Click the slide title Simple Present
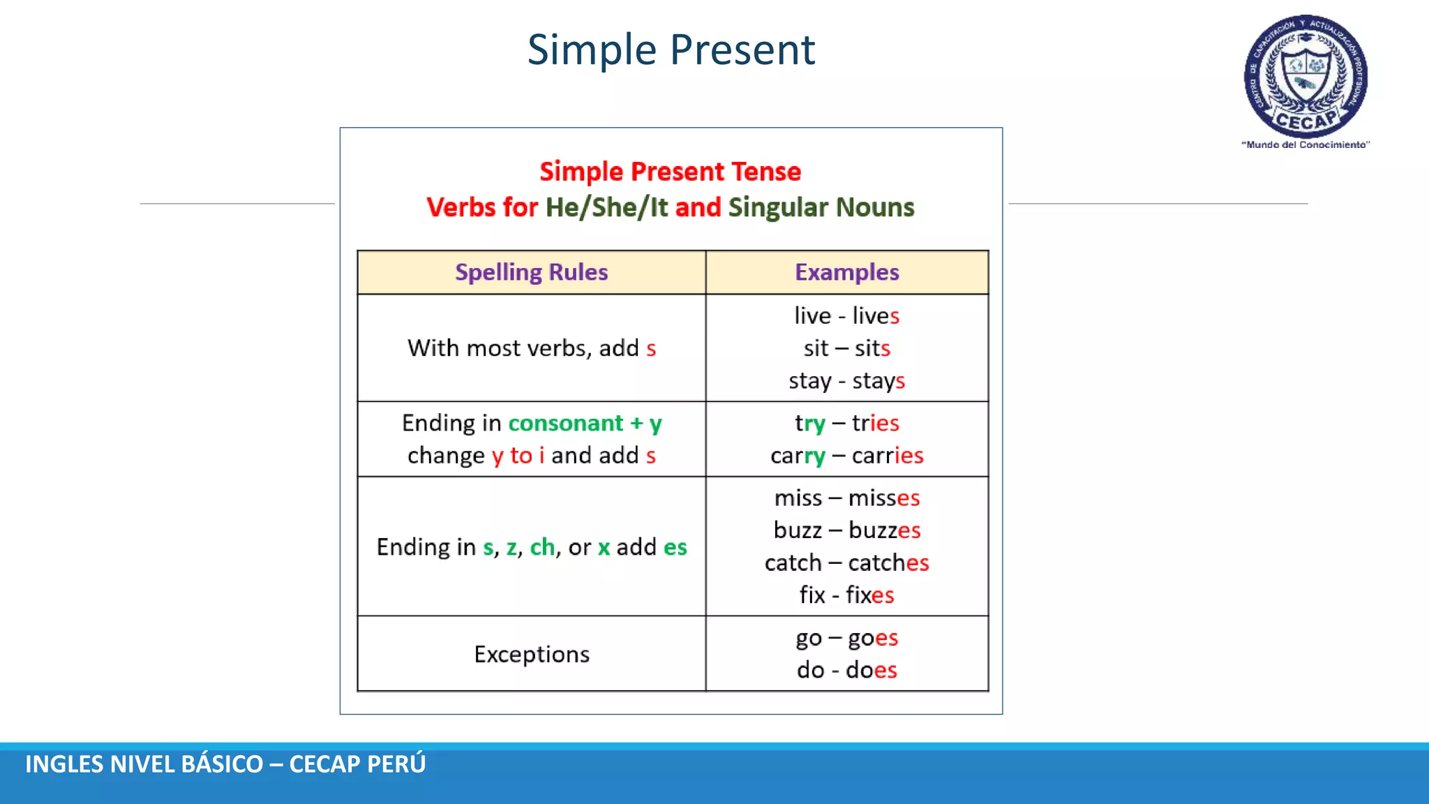tap(671, 50)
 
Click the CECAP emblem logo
tap(1305, 75)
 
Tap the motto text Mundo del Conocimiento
tap(1305, 144)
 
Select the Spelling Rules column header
tap(531, 272)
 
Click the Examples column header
tap(846, 272)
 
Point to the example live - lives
tap(846, 315)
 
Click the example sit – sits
tap(846, 348)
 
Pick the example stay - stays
tap(846, 380)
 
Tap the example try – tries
tap(846, 423)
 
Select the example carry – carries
tap(846, 456)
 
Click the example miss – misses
tap(846, 498)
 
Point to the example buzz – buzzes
tap(846, 530)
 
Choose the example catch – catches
tap(846, 563)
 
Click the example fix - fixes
tap(846, 595)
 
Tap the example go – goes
tap(846, 638)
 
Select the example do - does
tap(846, 670)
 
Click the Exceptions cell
tap(531, 654)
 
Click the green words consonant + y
tap(585, 423)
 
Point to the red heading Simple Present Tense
tap(670, 172)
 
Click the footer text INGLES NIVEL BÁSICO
tap(144, 764)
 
